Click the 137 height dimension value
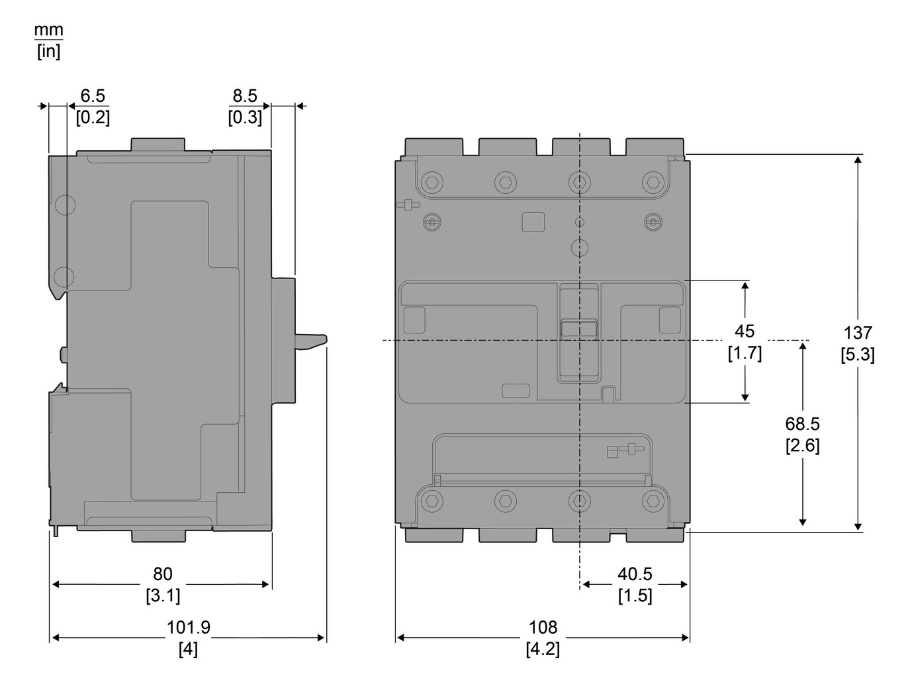pyautogui.click(x=857, y=333)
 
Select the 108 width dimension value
pyautogui.click(x=543, y=626)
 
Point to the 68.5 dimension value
pyautogui.click(x=802, y=423)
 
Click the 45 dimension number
pyautogui.click(x=745, y=331)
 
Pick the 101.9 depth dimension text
pyautogui.click(x=188, y=626)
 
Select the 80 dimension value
pyautogui.click(x=162, y=574)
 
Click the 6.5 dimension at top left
pyautogui.click(x=93, y=96)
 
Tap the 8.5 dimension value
pyautogui.click(x=244, y=96)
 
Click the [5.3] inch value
pyautogui.click(x=857, y=355)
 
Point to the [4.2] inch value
pyautogui.click(x=543, y=649)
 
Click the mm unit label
pyautogui.click(x=49, y=30)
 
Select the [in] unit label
pyautogui.click(x=48, y=52)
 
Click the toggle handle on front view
pyautogui.click(x=579, y=329)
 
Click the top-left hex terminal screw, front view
pyautogui.click(x=431, y=182)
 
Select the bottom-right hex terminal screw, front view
pyautogui.click(x=653, y=500)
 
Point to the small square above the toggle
pyautogui.click(x=533, y=222)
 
